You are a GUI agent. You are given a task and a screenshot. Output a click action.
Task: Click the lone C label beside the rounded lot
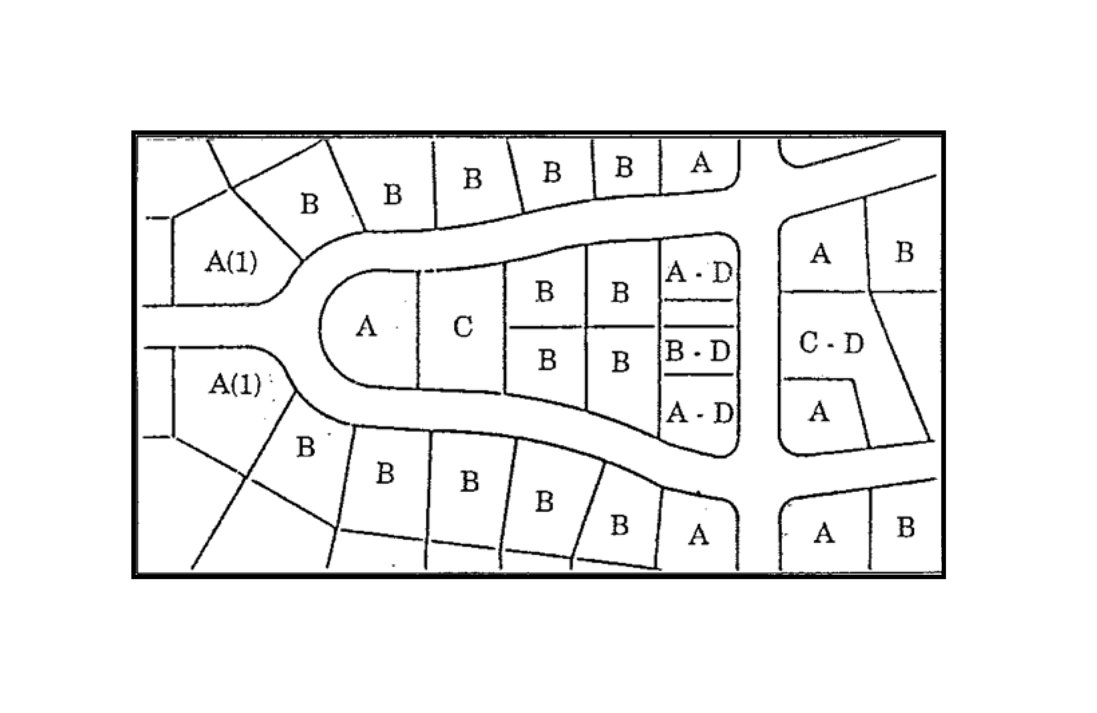463,326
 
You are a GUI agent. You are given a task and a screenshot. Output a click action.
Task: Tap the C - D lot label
831,343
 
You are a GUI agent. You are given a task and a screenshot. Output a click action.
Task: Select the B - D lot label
698,351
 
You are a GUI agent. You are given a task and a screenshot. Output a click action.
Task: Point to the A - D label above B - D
699,272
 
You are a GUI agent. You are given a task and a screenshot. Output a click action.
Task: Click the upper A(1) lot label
231,262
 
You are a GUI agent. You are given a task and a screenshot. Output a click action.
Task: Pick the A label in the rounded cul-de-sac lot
366,326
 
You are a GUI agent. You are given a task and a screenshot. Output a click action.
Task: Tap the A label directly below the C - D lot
819,412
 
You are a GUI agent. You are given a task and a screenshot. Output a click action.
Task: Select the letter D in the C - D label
854,343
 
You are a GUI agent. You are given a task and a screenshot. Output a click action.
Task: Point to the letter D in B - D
720,351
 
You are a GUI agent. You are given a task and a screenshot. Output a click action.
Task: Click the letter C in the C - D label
809,343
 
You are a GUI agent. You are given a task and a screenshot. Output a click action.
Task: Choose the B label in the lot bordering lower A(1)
305,446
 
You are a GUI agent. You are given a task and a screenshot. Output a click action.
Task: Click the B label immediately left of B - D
621,362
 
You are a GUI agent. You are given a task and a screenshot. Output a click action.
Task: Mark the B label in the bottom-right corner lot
905,527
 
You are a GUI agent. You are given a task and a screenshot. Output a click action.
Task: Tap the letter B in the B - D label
675,351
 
